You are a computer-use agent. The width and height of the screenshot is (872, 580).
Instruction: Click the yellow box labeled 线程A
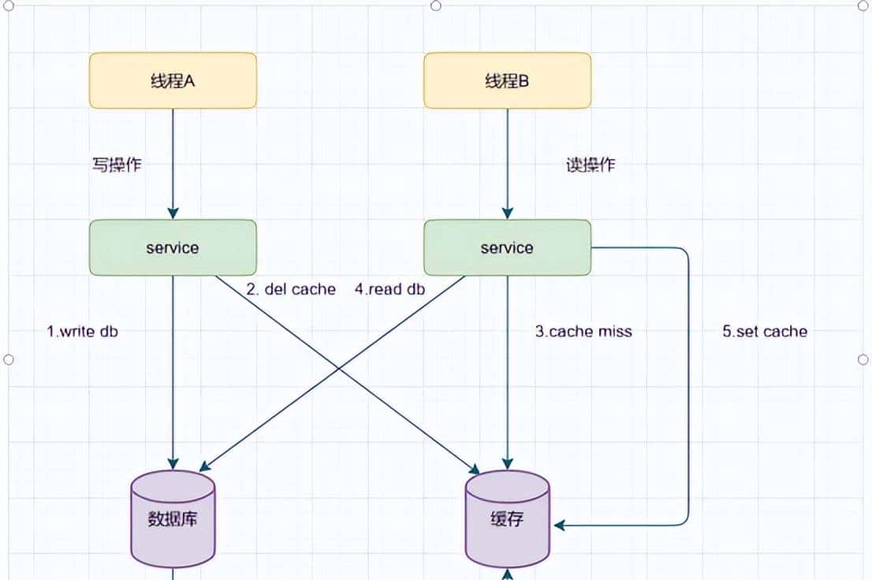click(173, 80)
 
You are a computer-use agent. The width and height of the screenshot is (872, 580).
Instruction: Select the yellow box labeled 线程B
click(507, 80)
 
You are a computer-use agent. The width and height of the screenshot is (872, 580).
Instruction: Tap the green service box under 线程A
click(173, 247)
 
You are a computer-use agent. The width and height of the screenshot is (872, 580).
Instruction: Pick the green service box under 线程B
click(507, 247)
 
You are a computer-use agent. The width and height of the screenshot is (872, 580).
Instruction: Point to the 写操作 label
click(117, 165)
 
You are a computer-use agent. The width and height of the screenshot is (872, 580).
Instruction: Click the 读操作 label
click(591, 165)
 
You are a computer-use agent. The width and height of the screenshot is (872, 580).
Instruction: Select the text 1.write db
click(83, 331)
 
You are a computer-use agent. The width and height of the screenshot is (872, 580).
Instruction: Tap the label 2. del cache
click(291, 289)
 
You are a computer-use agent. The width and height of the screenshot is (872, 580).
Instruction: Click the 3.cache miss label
click(583, 331)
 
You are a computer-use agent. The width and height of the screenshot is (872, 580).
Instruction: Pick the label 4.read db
click(389, 289)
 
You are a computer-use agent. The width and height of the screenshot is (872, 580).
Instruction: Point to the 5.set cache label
click(765, 331)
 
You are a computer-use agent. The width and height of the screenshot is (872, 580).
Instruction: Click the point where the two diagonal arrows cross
click(339, 368)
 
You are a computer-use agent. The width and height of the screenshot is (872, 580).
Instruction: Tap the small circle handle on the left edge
click(9, 359)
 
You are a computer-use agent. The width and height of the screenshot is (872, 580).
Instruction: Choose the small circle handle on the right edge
click(863, 359)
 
